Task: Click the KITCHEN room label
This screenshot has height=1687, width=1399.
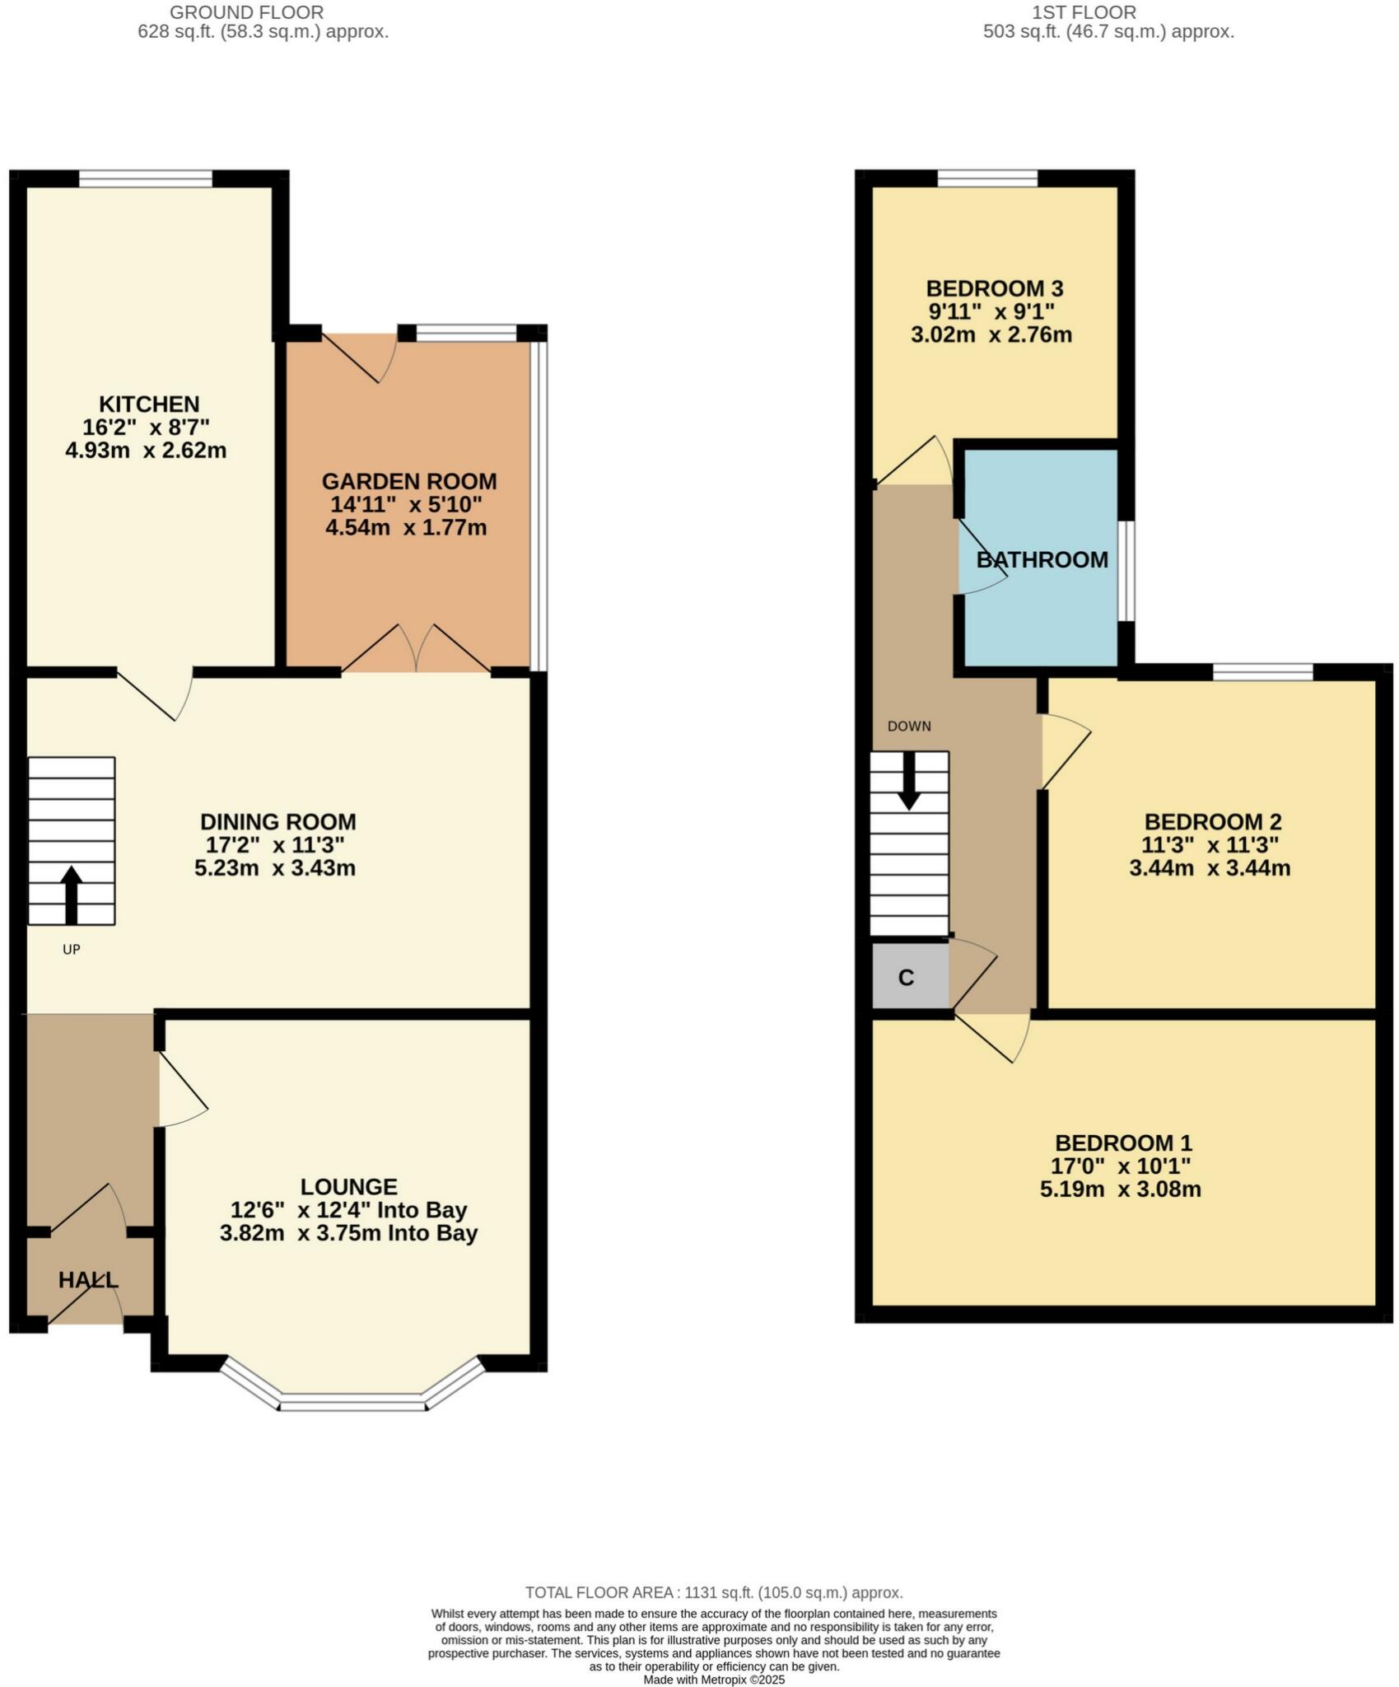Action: pyautogui.click(x=149, y=404)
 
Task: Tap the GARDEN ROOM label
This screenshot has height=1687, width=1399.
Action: pyautogui.click(x=408, y=481)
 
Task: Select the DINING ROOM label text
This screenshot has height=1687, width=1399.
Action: pyautogui.click(x=278, y=821)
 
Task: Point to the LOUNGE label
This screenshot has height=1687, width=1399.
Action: pyautogui.click(x=348, y=1187)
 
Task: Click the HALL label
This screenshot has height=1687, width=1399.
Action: pyautogui.click(x=88, y=1280)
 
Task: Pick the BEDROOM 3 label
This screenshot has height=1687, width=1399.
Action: pyautogui.click(x=994, y=288)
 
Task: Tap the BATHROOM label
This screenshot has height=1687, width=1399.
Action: pyautogui.click(x=1042, y=560)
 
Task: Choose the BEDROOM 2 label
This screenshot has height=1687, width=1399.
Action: pyautogui.click(x=1212, y=821)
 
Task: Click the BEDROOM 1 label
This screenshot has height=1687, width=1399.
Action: pyautogui.click(x=1123, y=1143)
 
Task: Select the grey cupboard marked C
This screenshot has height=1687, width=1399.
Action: pyautogui.click(x=907, y=978)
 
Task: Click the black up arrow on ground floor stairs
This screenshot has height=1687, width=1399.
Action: pyautogui.click(x=71, y=894)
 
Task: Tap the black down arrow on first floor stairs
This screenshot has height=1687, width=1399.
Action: pyautogui.click(x=909, y=780)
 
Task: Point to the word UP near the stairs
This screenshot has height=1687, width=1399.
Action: pyautogui.click(x=72, y=950)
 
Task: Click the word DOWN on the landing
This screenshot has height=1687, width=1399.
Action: pyautogui.click(x=909, y=727)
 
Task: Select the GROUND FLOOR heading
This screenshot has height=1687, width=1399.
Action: pyautogui.click(x=246, y=12)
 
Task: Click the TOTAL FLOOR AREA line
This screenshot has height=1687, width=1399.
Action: pyautogui.click(x=714, y=1593)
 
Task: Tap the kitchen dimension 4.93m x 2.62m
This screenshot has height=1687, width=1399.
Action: pyautogui.click(x=146, y=451)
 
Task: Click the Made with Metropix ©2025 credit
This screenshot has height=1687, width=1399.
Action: pyautogui.click(x=714, y=1680)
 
